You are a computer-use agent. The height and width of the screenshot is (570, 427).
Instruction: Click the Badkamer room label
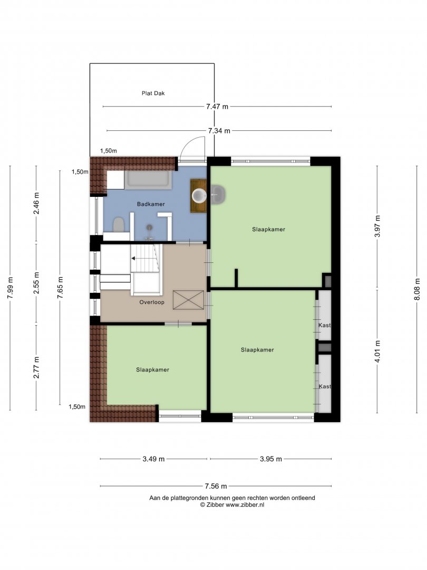point(151,204)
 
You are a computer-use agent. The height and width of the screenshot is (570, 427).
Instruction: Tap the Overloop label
point(152,302)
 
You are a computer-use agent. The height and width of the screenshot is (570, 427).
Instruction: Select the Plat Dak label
point(153,93)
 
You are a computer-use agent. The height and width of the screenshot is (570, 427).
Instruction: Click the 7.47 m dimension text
point(217,107)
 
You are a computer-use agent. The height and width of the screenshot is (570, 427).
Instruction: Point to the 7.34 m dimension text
point(219,130)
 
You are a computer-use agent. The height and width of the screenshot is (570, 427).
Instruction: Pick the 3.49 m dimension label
point(153,459)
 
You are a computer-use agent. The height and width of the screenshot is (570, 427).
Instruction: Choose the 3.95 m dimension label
point(271,459)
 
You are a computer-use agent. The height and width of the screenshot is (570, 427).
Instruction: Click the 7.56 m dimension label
point(216,486)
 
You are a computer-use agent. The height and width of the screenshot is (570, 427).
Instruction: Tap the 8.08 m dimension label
point(417,289)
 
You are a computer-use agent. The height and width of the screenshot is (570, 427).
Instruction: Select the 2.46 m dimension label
point(36,204)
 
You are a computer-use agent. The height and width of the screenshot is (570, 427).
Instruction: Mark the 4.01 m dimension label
point(377,351)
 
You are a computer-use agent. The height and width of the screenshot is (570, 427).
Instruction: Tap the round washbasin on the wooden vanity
point(199,196)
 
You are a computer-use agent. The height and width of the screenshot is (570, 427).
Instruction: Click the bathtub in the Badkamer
point(149,179)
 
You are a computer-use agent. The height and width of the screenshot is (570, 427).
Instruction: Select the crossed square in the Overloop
point(188,300)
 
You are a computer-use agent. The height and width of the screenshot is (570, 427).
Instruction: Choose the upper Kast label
point(325,325)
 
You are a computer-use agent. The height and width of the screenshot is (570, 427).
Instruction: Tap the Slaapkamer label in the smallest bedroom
point(152,369)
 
